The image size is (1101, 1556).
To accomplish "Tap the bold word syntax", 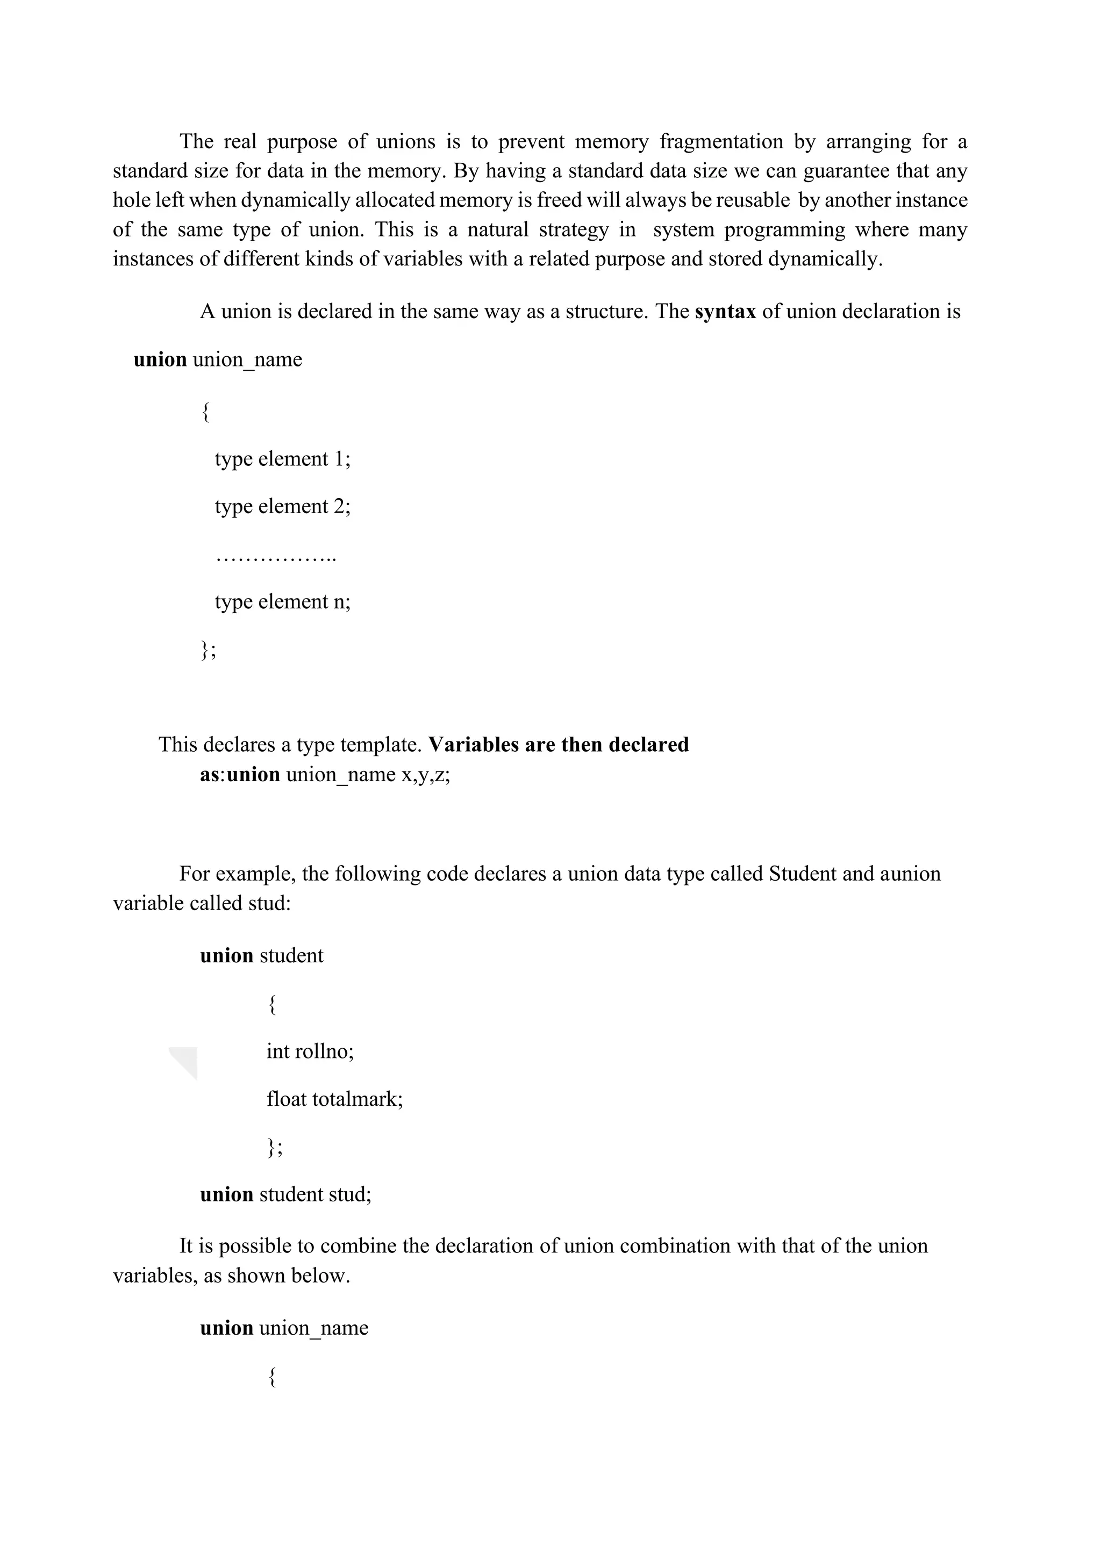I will coord(725,312).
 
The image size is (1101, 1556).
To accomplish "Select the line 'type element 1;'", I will coord(283,459).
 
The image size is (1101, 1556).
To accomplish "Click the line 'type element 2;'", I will coord(283,507).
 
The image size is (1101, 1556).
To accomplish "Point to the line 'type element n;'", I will coord(283,602).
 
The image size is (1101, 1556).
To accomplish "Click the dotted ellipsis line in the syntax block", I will coord(276,557).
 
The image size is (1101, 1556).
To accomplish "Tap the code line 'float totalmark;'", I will coord(334,1099).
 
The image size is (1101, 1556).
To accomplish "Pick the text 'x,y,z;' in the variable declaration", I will coord(425,774).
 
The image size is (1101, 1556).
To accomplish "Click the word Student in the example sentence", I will coord(803,874).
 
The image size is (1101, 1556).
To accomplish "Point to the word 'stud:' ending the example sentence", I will coord(269,903).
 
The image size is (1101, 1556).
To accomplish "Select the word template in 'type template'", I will coord(381,745).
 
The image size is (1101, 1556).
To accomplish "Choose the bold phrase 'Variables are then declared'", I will coord(559,745).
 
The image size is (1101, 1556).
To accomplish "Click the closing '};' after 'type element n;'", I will coord(208,651).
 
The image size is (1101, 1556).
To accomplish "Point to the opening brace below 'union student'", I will coord(272,1004).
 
